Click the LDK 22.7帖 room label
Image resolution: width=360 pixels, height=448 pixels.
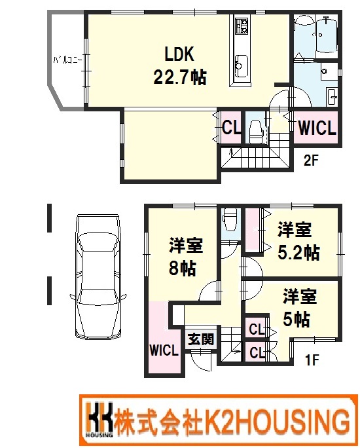(180, 65)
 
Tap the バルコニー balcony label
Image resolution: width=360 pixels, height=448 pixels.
(68, 60)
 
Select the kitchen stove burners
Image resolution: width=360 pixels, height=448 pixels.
(242, 26)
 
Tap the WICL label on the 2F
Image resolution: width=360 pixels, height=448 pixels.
(317, 128)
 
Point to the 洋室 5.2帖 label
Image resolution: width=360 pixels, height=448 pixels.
(298, 241)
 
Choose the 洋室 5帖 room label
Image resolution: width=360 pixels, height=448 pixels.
(299, 307)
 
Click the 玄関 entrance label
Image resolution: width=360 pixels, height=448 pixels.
(201, 339)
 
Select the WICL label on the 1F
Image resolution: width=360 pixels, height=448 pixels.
(164, 350)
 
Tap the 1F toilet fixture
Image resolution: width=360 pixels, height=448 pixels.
(230, 220)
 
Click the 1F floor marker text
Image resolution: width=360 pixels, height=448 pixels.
(312, 360)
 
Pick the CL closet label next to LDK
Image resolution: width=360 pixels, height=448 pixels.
(231, 128)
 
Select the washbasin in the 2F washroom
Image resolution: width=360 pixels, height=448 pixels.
(332, 96)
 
